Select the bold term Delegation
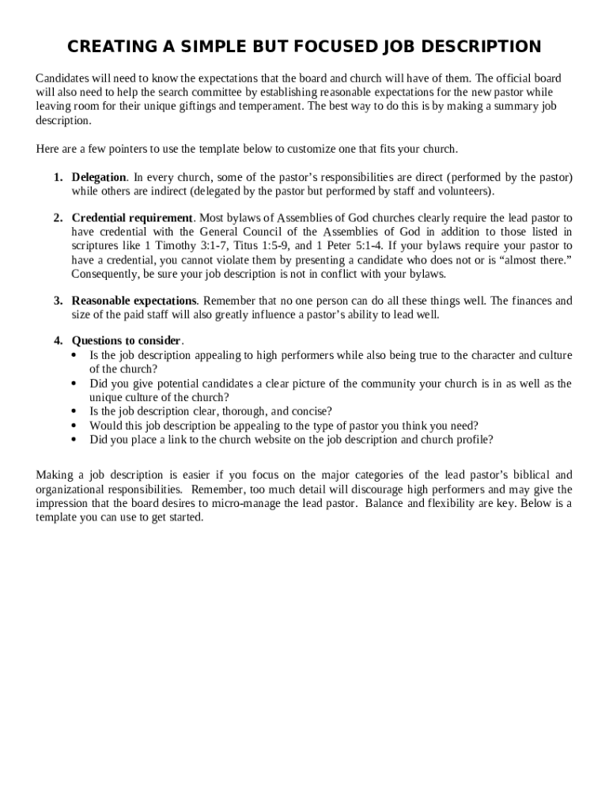[99, 177]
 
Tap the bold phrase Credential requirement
[132, 218]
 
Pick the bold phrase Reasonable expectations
[134, 301]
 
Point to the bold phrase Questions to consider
[127, 341]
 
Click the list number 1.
[58, 177]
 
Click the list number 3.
[58, 301]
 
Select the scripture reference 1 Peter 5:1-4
[350, 246]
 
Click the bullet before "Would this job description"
[74, 426]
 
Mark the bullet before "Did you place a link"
[74, 440]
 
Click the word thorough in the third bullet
[224, 411]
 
